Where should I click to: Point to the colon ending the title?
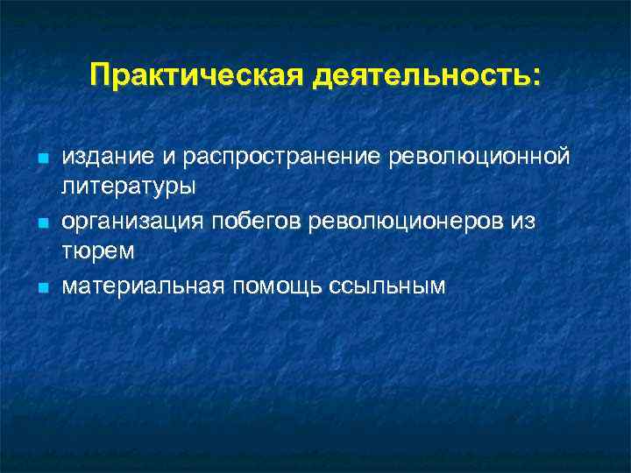click(536, 77)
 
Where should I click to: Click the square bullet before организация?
click(40, 225)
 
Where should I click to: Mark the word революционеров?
click(407, 222)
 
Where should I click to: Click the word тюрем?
click(97, 252)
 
